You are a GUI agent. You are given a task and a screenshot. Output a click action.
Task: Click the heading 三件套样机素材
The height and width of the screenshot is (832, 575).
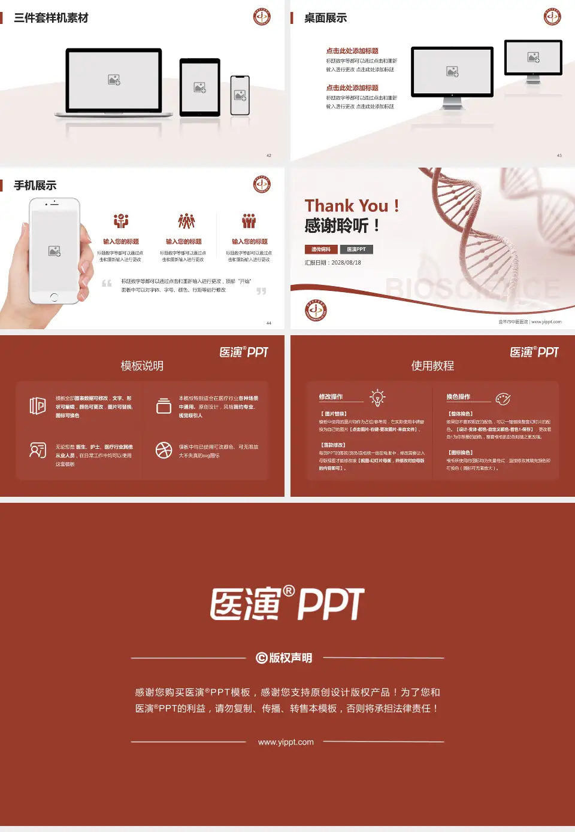[x=51, y=18]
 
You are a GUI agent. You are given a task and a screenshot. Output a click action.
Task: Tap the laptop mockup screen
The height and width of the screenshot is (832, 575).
[x=114, y=79]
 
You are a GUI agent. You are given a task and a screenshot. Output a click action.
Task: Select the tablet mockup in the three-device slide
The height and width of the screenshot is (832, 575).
[x=200, y=87]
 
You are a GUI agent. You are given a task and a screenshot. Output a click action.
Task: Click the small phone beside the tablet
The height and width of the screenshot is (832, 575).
[x=240, y=95]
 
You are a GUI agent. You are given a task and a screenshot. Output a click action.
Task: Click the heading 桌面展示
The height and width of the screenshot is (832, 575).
[x=325, y=18]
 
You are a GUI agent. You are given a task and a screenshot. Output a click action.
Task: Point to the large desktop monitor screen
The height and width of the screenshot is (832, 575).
[x=452, y=71]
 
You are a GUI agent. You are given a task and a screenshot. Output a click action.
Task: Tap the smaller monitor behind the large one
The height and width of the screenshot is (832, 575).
[x=533, y=57]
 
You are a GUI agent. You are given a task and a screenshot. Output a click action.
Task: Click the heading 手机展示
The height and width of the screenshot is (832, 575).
[x=35, y=186]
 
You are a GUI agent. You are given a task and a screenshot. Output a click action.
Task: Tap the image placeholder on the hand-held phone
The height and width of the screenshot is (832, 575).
[x=55, y=251]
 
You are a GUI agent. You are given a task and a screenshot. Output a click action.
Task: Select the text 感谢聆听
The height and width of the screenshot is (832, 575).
[x=337, y=226]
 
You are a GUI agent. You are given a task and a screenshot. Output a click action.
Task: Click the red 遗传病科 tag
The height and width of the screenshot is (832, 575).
[x=321, y=250]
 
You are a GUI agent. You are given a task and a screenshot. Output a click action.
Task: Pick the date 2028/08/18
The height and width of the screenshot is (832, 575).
[x=346, y=263]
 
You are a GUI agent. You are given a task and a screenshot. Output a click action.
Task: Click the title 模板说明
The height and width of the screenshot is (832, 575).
[x=142, y=366]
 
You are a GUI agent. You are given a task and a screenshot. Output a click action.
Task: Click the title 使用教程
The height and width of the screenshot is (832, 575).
[x=432, y=366]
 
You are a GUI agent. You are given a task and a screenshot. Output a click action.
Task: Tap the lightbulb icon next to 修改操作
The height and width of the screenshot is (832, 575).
[x=377, y=397]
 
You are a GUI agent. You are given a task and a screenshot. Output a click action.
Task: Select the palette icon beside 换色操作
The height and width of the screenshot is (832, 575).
[x=503, y=399]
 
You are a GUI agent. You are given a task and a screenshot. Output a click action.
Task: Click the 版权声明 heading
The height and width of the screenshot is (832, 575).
[x=285, y=658]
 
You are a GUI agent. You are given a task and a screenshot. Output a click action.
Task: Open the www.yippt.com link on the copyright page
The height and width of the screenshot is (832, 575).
[x=286, y=742]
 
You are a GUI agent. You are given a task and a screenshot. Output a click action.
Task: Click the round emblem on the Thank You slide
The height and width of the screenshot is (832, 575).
[x=316, y=310]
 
